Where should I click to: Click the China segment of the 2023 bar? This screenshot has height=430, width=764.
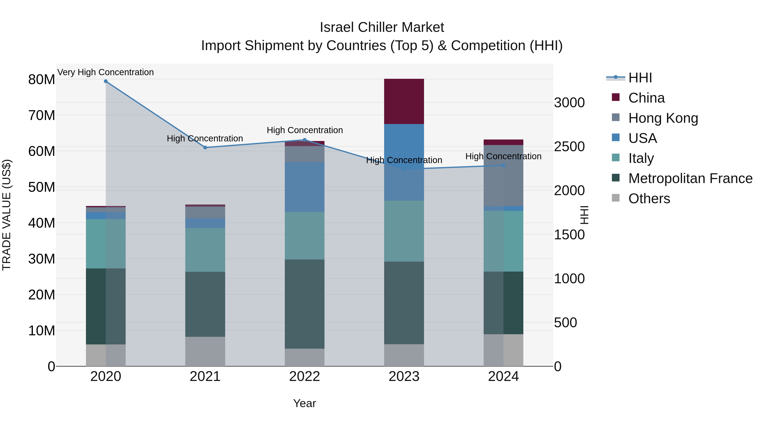(404, 101)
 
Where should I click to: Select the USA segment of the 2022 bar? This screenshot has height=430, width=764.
(304, 187)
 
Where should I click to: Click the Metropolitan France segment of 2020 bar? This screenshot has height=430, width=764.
(106, 306)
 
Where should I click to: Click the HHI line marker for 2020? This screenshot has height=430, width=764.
(106, 81)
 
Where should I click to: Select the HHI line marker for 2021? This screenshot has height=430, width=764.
(205, 148)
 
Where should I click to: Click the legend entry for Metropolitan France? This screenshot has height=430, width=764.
(690, 178)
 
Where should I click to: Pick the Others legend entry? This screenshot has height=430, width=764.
(649, 199)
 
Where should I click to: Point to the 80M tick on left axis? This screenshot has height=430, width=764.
(42, 80)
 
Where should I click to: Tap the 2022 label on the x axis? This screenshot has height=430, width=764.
(304, 376)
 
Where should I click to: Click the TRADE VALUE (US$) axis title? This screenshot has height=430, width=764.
(7, 215)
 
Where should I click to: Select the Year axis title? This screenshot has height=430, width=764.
(304, 403)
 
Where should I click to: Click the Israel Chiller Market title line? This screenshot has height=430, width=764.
(382, 27)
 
